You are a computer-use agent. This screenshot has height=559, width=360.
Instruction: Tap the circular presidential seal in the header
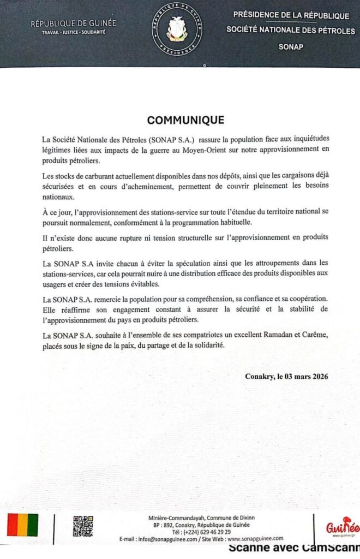point(176,27)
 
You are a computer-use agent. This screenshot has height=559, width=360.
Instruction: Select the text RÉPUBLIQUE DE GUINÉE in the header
point(73,24)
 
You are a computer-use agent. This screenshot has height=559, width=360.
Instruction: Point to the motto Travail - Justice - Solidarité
point(73,33)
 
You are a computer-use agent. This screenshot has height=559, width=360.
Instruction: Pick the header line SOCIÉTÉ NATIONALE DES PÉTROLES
point(291,29)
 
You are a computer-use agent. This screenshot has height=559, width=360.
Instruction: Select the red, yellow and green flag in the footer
point(22,525)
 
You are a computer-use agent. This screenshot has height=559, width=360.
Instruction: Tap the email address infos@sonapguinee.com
point(167,539)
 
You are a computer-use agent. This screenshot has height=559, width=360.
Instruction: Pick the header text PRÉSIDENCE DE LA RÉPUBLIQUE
point(291,15)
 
